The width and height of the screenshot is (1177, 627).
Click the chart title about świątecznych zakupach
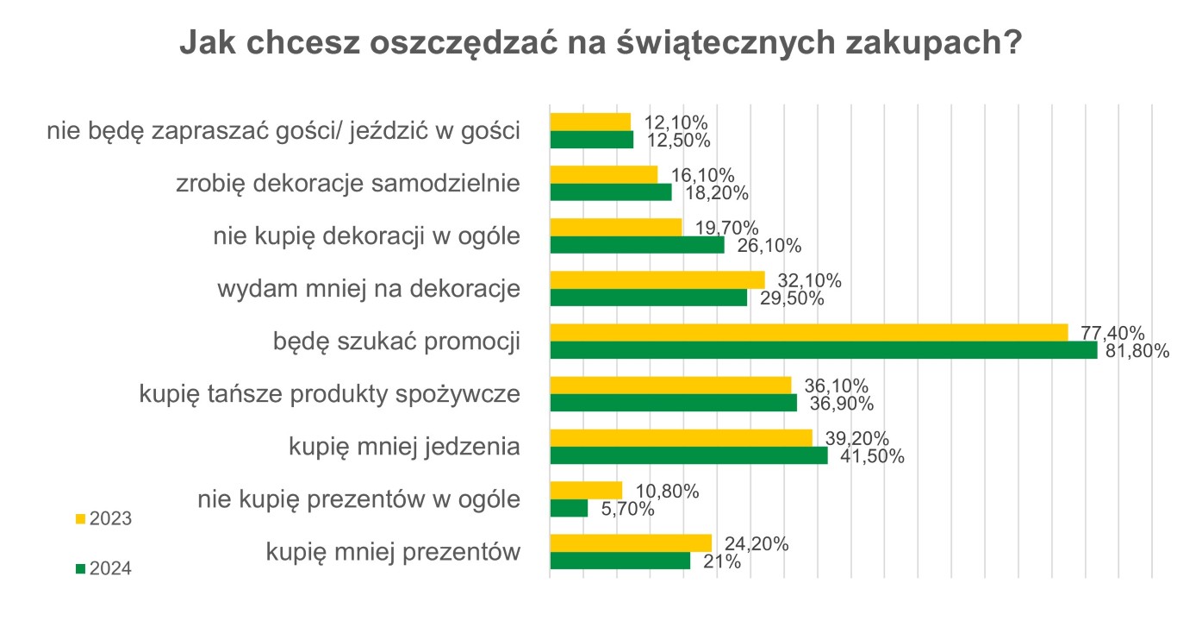point(601,43)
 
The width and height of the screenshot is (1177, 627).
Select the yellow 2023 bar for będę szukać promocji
point(808,332)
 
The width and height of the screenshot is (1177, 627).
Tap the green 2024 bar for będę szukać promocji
point(823,350)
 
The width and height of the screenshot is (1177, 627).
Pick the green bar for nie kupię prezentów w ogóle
point(569,509)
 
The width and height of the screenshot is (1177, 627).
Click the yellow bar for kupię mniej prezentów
point(631,542)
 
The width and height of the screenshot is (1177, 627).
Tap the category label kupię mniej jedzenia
point(405,447)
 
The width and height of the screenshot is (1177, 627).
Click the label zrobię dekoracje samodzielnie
point(348,184)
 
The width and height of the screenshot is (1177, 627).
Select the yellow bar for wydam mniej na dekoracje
point(657,279)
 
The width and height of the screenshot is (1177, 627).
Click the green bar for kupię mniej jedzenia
point(688,455)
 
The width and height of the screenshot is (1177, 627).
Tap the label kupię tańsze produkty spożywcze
point(330,394)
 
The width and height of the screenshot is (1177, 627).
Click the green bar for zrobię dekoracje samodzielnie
point(610,192)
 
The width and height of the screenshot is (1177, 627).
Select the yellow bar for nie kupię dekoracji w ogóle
point(615,227)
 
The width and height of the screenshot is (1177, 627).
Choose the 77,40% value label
point(1112,333)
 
